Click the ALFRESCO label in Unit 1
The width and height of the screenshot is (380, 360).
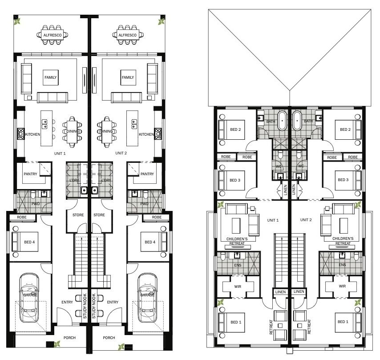(53, 35)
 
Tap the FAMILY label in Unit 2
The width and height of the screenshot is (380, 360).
(128, 77)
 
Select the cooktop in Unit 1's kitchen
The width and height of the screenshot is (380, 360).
(21, 134)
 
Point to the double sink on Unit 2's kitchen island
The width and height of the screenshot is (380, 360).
(134, 124)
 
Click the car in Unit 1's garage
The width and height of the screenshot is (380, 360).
(29, 298)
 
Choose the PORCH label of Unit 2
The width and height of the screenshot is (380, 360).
(109, 338)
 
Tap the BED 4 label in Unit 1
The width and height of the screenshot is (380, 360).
(29, 242)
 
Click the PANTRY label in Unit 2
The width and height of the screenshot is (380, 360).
(147, 174)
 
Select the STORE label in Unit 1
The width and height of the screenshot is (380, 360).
(78, 215)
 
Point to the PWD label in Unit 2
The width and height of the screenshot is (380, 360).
(144, 204)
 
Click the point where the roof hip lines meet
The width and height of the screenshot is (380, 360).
(290, 90)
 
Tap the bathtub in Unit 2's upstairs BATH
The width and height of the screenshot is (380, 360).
(297, 121)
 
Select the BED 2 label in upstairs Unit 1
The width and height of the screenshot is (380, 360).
(235, 129)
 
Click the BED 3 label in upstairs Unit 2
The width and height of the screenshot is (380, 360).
(343, 180)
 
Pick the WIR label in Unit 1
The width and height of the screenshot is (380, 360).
(238, 287)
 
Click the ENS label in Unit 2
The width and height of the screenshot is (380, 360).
(342, 265)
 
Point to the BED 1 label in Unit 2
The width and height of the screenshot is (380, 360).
(343, 322)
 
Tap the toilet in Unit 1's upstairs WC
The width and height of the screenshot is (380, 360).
(280, 154)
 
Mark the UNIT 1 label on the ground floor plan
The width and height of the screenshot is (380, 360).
(60, 154)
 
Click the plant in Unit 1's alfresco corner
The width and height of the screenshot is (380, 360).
(17, 22)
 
